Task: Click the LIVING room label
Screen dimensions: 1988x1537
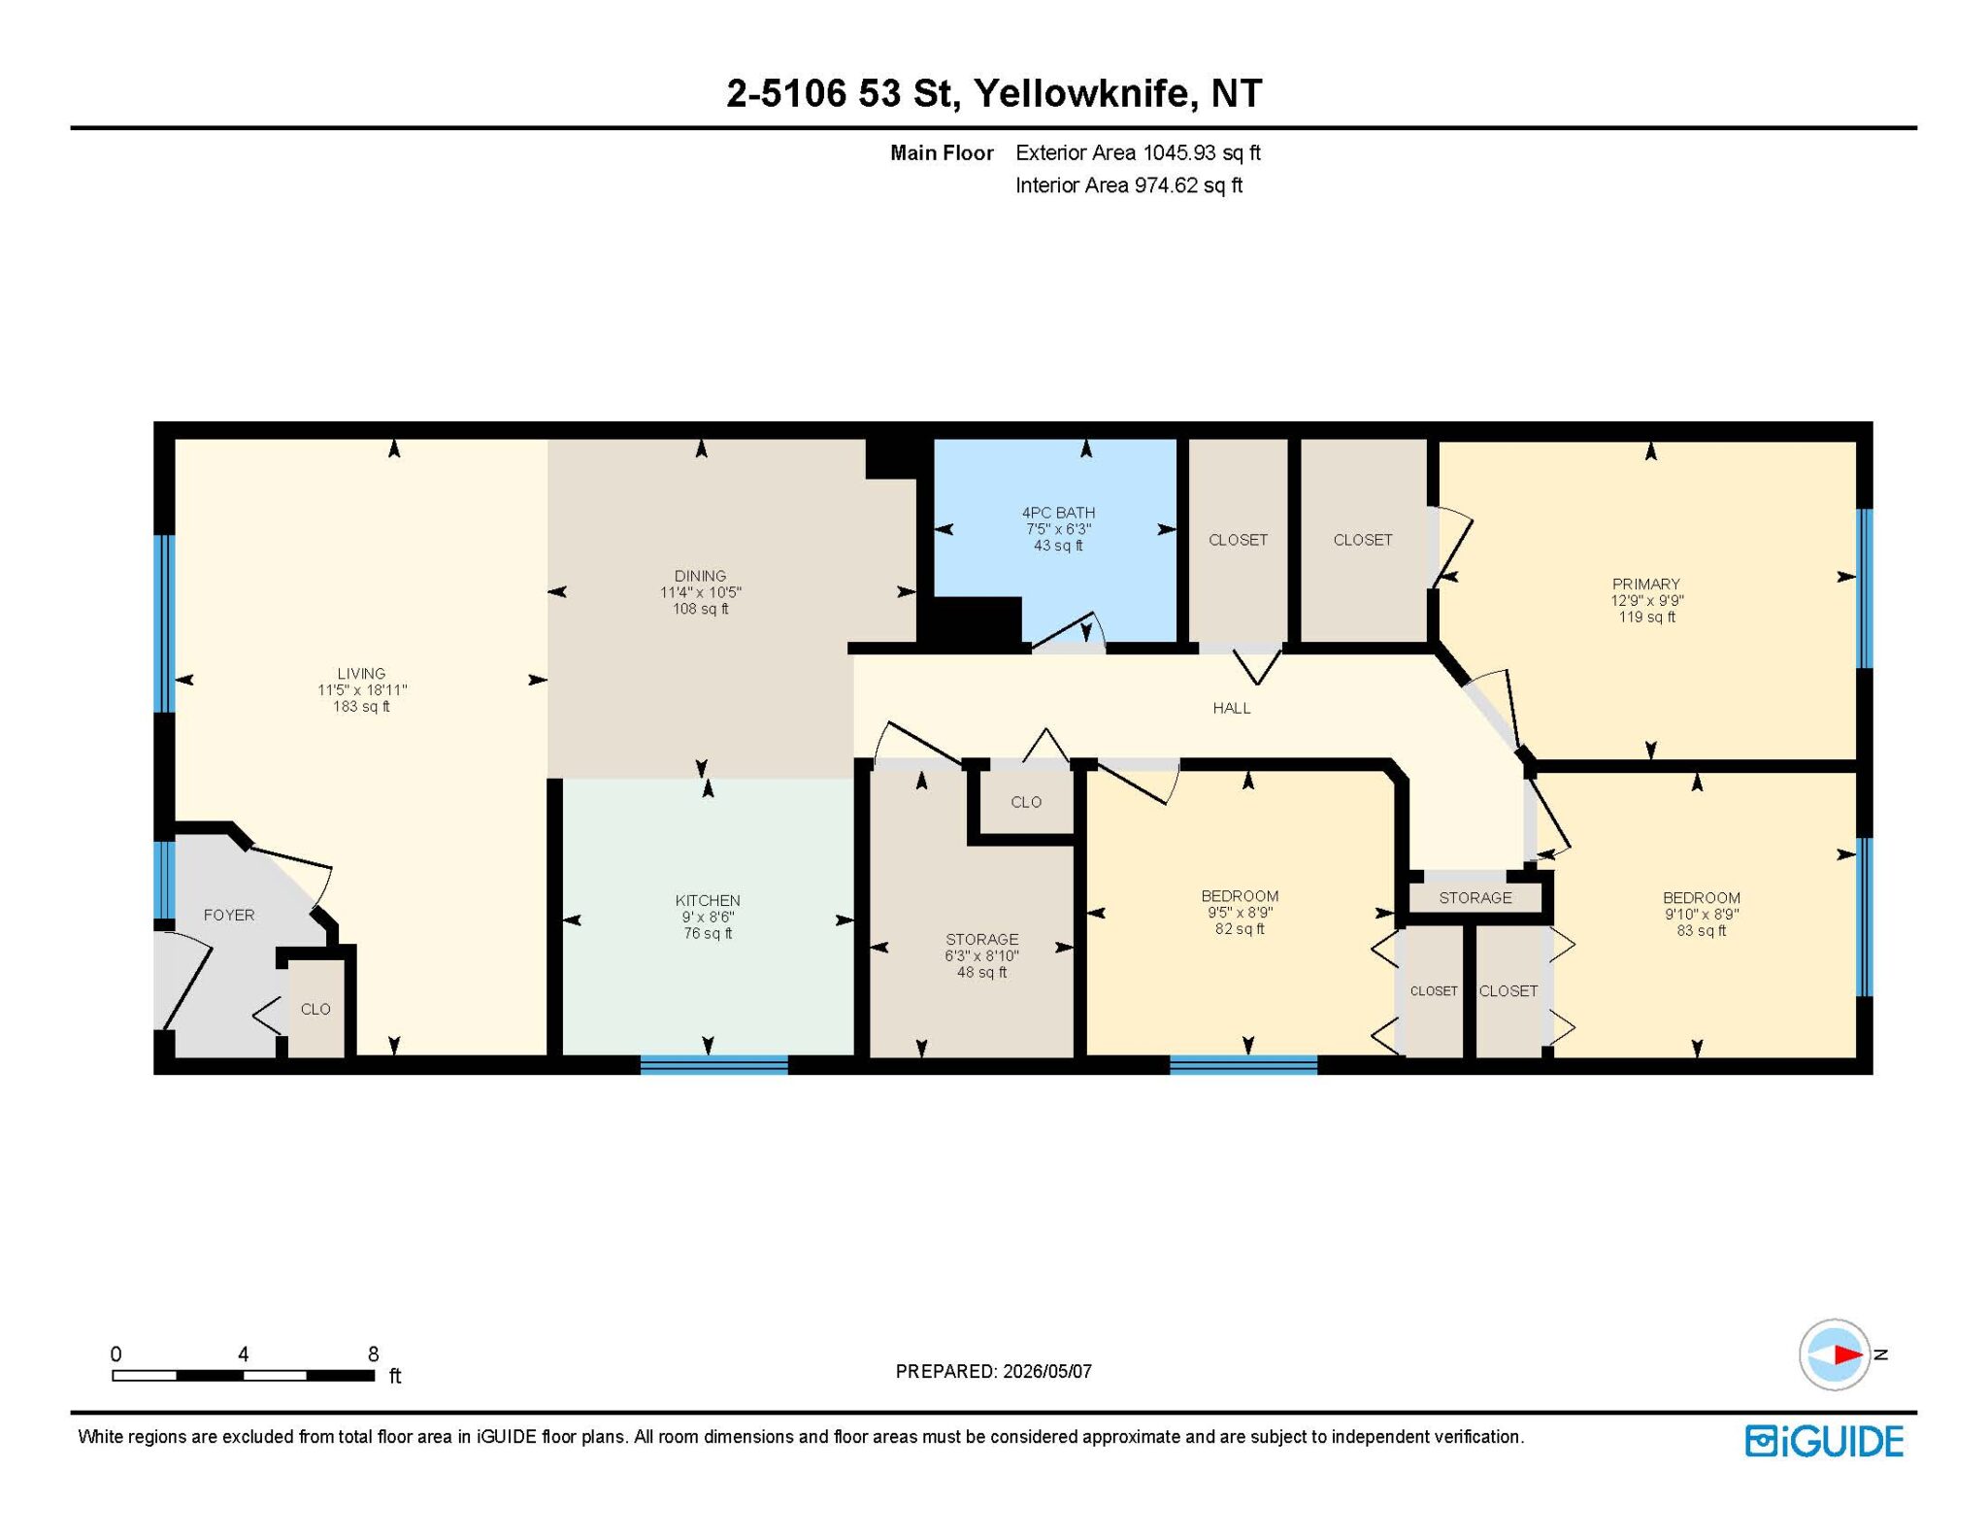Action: (361, 673)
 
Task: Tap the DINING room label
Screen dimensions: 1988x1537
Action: (700, 576)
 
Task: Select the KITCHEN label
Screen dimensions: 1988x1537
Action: (708, 900)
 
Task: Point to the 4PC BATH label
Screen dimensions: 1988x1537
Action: (1058, 513)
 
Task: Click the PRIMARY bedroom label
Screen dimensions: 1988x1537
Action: (1645, 584)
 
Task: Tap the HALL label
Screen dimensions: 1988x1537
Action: (1232, 708)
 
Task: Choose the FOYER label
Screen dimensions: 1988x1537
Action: (229, 915)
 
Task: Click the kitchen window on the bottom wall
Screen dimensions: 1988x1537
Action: (713, 1065)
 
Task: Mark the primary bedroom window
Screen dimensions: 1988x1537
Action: (1864, 588)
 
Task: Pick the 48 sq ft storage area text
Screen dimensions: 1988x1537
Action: (981, 972)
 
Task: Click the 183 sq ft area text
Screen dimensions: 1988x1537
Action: (361, 706)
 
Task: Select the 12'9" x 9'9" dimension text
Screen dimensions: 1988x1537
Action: (1646, 600)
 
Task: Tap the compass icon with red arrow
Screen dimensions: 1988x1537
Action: (1835, 1354)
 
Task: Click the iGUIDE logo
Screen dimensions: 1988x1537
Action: (1824, 1441)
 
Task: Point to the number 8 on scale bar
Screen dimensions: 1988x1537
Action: (373, 1353)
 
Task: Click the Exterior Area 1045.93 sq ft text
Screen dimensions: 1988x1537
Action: (1138, 152)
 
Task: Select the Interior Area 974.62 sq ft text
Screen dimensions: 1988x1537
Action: (1129, 185)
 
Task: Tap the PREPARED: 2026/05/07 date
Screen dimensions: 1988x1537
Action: (993, 1371)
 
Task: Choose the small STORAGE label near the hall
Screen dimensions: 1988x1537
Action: (1474, 897)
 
